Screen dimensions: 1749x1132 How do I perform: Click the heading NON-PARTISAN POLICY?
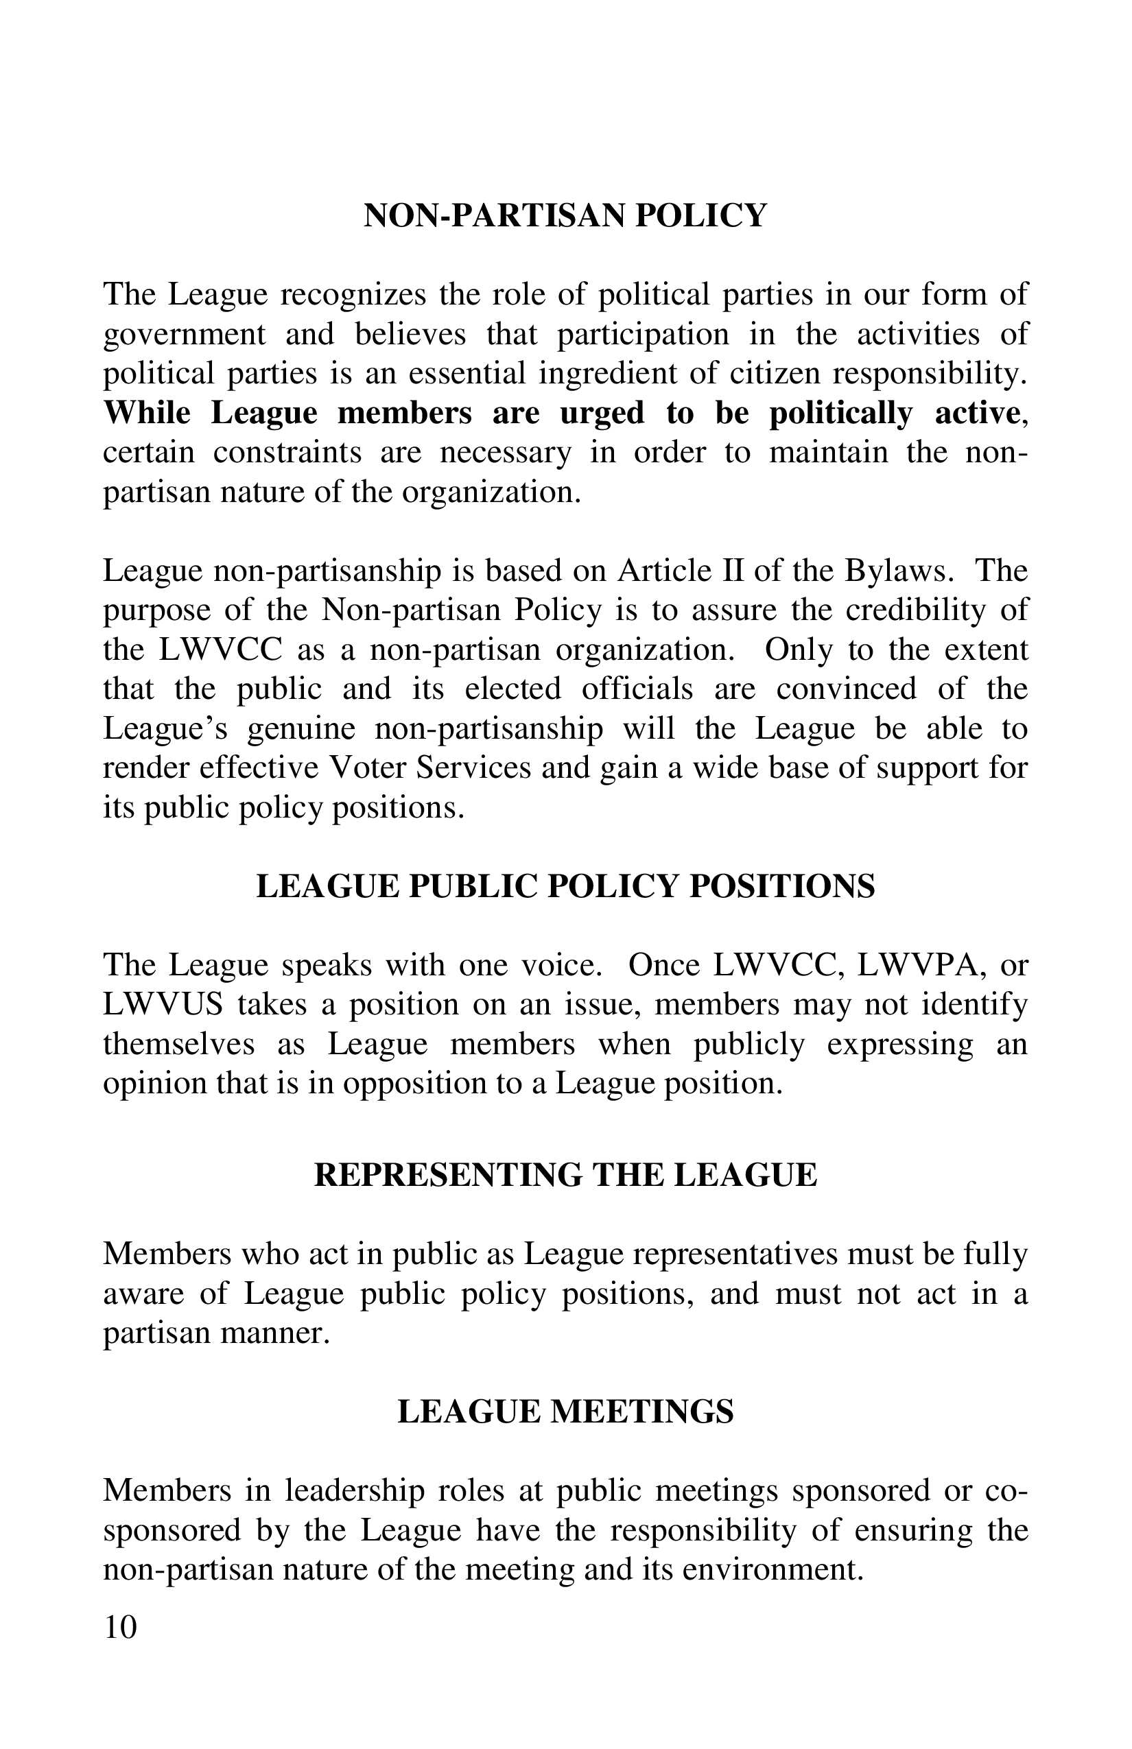click(x=565, y=215)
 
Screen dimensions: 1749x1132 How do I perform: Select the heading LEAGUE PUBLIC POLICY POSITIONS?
click(x=565, y=886)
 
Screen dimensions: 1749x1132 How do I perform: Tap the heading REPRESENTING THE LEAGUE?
click(x=565, y=1175)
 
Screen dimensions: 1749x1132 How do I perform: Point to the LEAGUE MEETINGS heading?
click(x=565, y=1412)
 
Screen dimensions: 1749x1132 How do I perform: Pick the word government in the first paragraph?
click(x=184, y=335)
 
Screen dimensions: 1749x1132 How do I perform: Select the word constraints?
click(x=287, y=451)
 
